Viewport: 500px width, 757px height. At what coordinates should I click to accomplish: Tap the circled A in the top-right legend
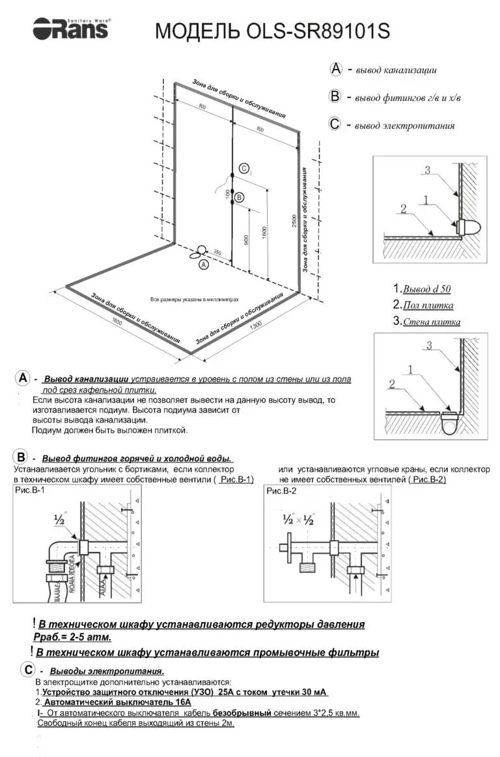point(336,69)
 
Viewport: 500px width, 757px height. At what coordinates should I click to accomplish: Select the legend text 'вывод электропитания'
point(404,125)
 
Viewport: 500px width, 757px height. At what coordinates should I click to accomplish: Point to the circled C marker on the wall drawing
point(243,169)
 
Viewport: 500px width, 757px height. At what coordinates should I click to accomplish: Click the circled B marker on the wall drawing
point(238,197)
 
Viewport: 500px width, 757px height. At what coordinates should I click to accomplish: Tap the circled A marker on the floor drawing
point(204,264)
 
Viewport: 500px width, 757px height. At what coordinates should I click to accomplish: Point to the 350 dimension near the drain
point(217,252)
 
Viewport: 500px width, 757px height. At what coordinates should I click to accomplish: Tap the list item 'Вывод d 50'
point(426,289)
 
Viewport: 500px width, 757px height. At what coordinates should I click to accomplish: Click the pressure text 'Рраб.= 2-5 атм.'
point(72,636)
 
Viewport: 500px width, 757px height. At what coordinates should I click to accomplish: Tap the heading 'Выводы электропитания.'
point(107,671)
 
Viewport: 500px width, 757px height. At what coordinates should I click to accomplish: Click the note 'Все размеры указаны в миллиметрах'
point(194,300)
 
